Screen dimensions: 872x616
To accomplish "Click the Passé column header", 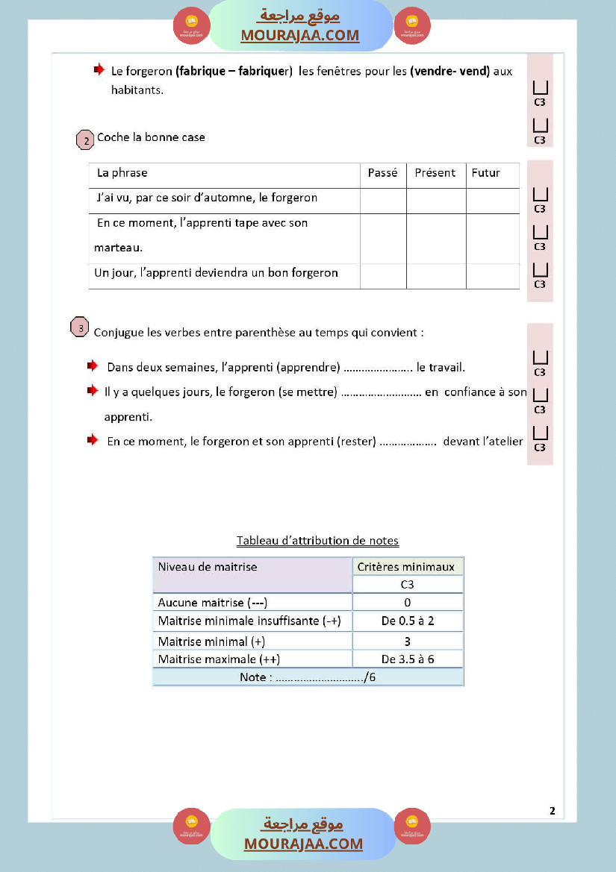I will (382, 173).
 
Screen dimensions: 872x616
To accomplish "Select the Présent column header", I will (435, 173).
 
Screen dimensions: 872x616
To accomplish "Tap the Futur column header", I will (485, 173).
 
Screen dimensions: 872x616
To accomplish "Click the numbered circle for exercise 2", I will (86, 139).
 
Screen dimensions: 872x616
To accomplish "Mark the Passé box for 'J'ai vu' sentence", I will (383, 200).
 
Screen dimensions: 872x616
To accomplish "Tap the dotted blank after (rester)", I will (408, 442).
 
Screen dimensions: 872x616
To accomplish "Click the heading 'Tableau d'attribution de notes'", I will (317, 541).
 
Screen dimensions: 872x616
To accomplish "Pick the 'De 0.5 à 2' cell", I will (407, 621).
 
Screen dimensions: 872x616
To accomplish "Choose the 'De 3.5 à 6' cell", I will (407, 659).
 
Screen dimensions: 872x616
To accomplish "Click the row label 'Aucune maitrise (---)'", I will (213, 603).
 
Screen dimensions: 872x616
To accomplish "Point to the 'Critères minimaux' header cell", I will (406, 567).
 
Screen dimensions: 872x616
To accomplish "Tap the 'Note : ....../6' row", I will (308, 677).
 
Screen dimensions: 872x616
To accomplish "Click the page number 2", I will (552, 811).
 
